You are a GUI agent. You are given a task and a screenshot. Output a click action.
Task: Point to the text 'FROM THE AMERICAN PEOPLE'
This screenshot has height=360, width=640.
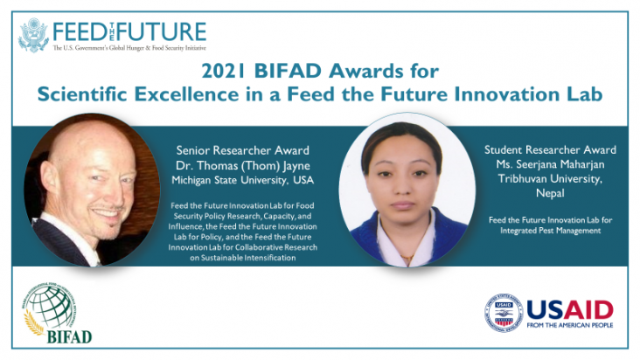click(x=570, y=329)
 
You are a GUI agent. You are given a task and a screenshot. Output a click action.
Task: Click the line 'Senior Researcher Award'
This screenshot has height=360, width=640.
click(x=242, y=149)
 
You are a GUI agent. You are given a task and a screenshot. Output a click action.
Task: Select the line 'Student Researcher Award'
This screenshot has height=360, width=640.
click(x=550, y=149)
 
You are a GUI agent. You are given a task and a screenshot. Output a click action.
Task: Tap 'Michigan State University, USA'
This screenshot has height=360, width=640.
click(x=242, y=179)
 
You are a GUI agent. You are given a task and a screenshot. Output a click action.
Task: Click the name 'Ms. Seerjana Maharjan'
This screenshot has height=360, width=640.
click(x=550, y=164)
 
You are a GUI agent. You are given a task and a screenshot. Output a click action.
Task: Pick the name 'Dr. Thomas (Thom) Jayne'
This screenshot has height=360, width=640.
click(x=242, y=164)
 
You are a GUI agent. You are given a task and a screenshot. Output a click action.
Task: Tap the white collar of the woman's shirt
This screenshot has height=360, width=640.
click(x=398, y=247)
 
